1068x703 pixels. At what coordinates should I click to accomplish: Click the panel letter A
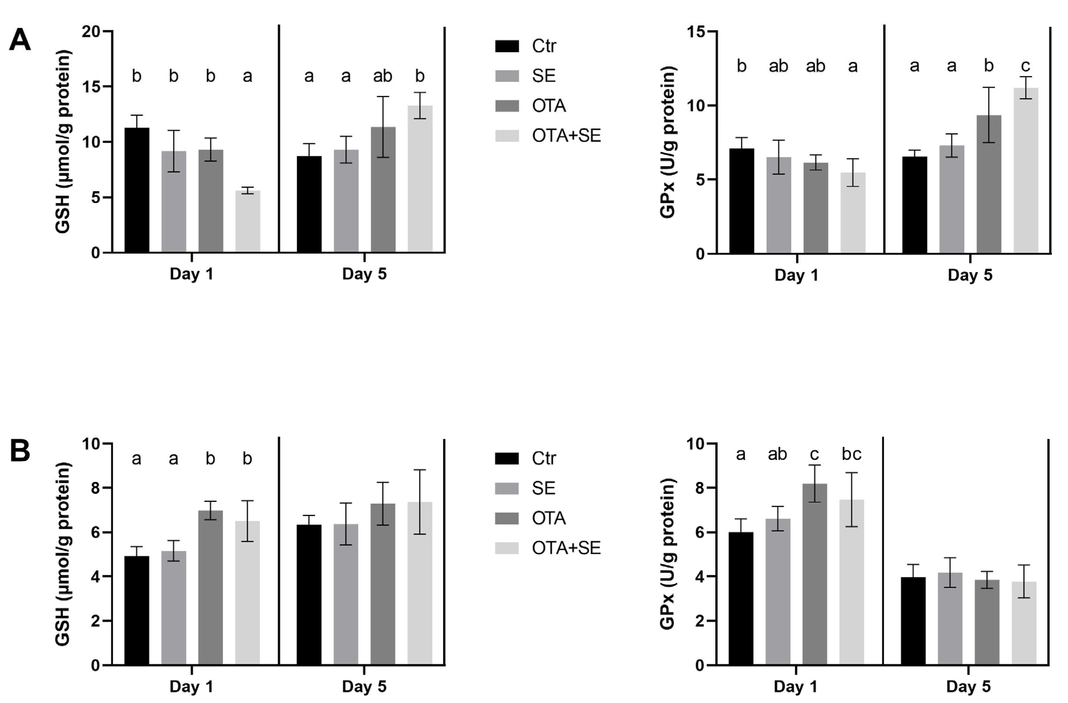click(x=20, y=40)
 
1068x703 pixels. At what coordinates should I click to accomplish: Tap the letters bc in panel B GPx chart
click(x=851, y=454)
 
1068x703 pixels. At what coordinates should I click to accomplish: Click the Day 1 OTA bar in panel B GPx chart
click(x=814, y=574)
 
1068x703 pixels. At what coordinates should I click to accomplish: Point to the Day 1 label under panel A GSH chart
click(x=192, y=274)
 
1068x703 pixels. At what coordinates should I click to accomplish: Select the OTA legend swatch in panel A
click(x=507, y=106)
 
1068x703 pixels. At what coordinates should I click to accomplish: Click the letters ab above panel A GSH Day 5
click(x=382, y=76)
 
